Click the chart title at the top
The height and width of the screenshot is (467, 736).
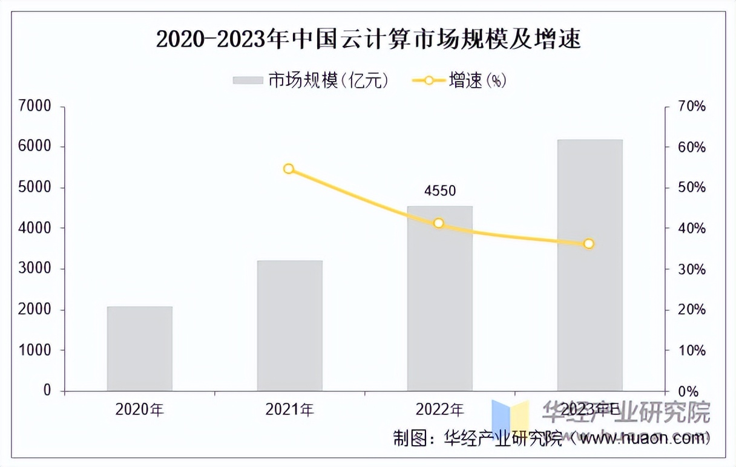click(x=368, y=40)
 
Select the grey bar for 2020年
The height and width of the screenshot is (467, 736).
click(x=140, y=348)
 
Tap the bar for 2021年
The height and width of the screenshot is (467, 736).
click(x=289, y=325)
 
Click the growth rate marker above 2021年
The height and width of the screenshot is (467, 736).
click(x=289, y=169)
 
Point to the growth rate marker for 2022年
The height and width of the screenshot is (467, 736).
click(x=439, y=223)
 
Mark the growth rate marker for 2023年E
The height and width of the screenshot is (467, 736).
click(x=589, y=244)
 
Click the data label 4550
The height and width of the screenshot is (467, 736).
click(x=439, y=191)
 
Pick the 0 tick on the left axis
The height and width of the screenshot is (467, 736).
click(x=47, y=391)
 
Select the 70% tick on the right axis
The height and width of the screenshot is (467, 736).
click(x=692, y=106)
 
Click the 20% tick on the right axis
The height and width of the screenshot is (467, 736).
click(x=692, y=310)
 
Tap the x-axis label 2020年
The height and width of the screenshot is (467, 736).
click(x=140, y=410)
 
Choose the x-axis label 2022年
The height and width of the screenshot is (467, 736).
click(x=439, y=410)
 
